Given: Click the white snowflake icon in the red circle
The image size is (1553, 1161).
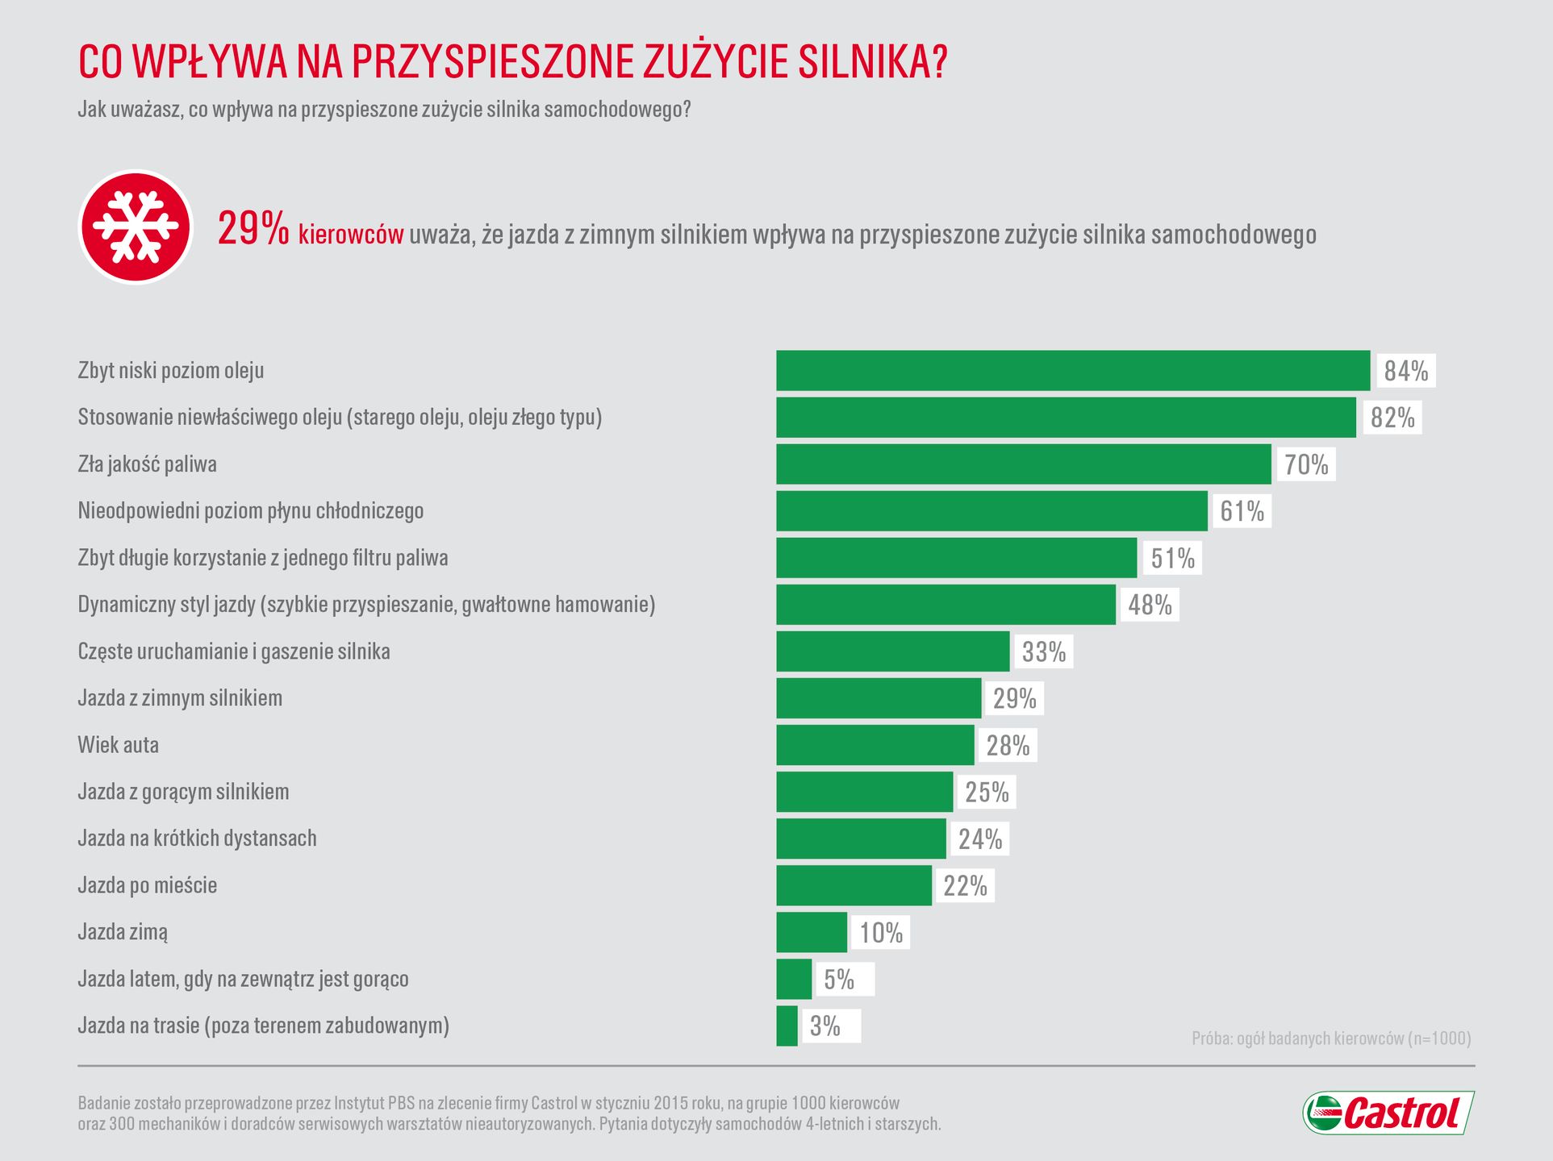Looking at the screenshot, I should coord(136,227).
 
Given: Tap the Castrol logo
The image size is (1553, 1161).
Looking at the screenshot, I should coord(1388,1113).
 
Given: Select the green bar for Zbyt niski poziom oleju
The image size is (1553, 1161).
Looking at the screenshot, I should coord(1072,371).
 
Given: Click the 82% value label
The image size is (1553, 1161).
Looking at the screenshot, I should coord(1392,418).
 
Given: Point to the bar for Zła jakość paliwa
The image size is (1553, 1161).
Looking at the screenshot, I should coord(1023,464).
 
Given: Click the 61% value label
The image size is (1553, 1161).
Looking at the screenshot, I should coord(1242,511).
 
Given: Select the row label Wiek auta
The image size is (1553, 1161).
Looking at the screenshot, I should coord(119,745).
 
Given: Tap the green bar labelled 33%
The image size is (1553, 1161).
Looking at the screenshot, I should coord(892,651).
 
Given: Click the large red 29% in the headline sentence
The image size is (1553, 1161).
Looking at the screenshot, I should coord(253,230).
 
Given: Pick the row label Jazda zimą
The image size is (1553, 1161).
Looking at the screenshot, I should coord(123,932).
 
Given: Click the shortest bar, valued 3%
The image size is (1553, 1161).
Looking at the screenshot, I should coord(787,1026).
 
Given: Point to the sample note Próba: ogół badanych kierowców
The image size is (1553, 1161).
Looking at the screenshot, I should coord(1330,1038).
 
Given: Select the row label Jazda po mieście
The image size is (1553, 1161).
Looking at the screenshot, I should coord(148,885).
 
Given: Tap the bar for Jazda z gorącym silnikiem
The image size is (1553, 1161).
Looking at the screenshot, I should coord(864,792).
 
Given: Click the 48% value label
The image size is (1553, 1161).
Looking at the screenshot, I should coord(1150,605).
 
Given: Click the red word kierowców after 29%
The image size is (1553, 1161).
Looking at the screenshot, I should coord(351,235).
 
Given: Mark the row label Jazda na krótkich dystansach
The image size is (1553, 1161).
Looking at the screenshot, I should coord(197,838).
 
